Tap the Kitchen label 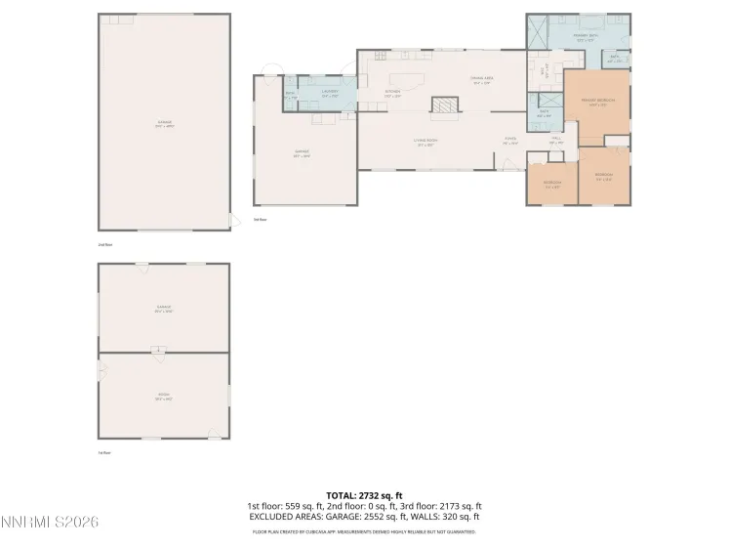[391, 94]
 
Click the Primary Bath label [585, 37]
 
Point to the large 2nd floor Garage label [163, 124]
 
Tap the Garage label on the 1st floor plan [163, 309]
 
